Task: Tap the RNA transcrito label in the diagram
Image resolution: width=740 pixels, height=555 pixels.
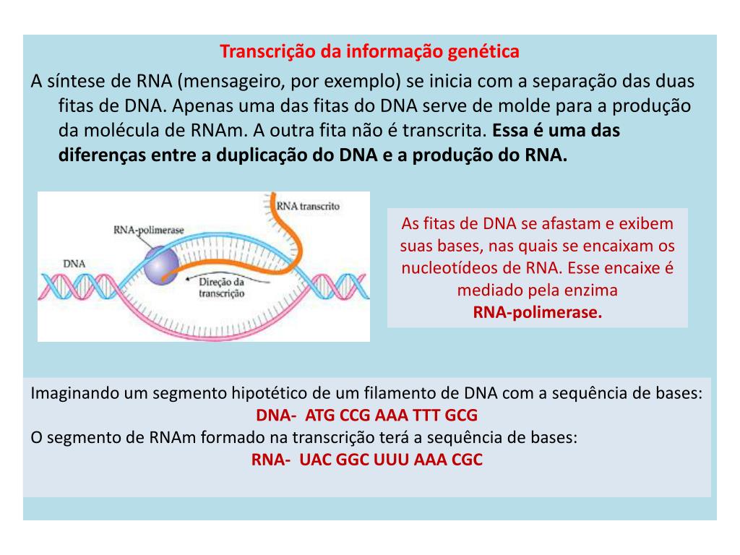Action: point(309,206)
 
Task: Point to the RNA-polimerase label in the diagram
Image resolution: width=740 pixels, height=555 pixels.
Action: point(149,230)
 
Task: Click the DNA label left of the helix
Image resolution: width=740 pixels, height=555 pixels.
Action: point(74,264)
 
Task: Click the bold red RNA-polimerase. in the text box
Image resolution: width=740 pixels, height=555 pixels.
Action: point(538,313)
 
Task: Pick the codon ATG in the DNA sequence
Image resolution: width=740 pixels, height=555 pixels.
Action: point(321,416)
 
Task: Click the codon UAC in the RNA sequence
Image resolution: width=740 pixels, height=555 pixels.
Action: point(315,460)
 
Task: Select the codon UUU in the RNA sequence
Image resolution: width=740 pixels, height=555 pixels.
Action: point(391,460)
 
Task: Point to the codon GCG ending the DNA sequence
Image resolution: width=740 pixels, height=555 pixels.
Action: point(461,416)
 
